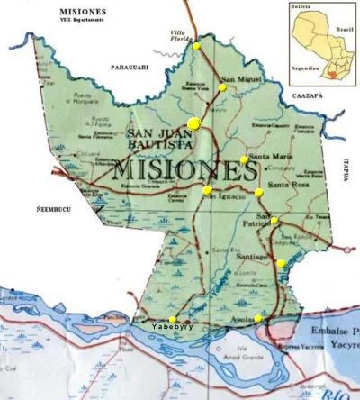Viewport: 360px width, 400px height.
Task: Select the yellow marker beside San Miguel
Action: tap(222, 87)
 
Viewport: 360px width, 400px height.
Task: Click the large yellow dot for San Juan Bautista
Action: tap(193, 124)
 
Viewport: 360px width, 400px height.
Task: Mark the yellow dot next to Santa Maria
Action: tap(244, 159)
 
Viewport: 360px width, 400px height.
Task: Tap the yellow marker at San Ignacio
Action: tap(207, 190)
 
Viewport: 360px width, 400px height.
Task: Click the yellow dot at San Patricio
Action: tap(274, 221)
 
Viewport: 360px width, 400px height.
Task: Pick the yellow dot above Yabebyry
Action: tap(173, 319)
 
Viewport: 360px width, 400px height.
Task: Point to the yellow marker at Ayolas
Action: tap(258, 318)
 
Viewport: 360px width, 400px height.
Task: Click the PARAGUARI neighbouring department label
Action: tap(128, 68)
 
